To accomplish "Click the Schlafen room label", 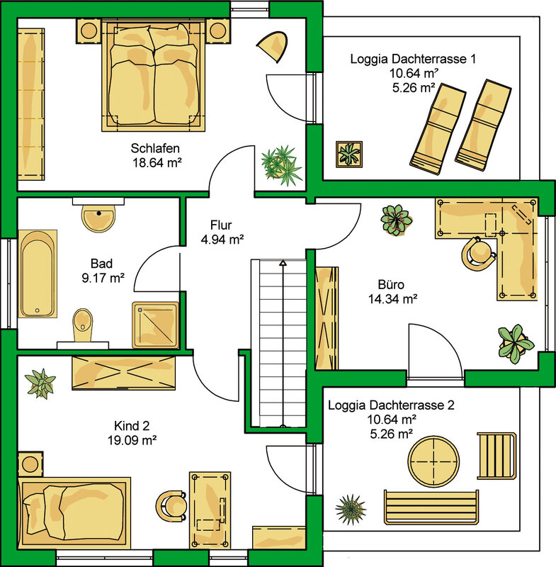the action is point(155,148).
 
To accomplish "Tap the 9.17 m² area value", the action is point(103,278).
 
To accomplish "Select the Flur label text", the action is point(221,225).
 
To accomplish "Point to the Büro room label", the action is point(391,285).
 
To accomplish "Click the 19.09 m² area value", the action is point(132,440).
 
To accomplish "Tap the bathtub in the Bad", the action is point(38,274).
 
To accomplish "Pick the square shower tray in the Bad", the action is point(155,325).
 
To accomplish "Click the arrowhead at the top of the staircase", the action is point(283,262).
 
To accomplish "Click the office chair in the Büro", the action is point(477,253).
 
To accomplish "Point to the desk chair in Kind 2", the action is point(171,506).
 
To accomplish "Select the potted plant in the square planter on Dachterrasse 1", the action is point(349,154).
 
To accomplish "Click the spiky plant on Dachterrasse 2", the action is point(351,509).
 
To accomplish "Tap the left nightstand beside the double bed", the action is point(89,31).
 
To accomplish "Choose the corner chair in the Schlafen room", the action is point(273,47).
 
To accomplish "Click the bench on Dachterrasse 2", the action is point(431,507).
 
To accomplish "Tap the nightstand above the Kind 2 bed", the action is point(30,464).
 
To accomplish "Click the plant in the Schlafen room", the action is point(281,166).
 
